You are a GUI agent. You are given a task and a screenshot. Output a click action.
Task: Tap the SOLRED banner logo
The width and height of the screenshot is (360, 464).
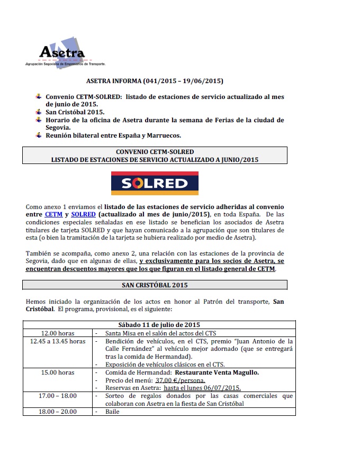point(154,183)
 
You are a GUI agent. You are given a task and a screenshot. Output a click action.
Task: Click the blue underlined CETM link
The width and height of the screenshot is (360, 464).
point(54,214)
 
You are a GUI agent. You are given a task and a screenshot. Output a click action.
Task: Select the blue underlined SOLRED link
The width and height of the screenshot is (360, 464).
point(83,214)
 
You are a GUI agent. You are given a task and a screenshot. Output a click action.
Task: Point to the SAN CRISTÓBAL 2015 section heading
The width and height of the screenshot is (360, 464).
point(155,285)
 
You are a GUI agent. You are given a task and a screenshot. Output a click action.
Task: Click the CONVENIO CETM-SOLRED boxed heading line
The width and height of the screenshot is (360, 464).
point(155,152)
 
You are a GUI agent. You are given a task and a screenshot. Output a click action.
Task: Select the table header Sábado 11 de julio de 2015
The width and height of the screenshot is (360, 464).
point(159,324)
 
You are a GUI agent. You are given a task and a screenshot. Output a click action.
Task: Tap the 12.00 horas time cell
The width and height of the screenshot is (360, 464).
point(58,333)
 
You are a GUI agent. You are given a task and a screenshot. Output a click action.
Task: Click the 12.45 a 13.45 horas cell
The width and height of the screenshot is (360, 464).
point(58,341)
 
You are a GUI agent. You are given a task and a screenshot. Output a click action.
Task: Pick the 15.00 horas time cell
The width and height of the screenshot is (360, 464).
point(58,372)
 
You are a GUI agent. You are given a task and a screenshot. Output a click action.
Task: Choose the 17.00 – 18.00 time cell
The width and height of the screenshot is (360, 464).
point(58,396)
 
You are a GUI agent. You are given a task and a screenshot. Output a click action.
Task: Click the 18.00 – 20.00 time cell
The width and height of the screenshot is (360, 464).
point(58,411)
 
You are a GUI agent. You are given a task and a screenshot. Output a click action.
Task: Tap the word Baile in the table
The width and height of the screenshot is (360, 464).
point(112,411)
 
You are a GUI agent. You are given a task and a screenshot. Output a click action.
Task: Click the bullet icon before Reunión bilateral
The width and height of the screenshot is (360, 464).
point(38,136)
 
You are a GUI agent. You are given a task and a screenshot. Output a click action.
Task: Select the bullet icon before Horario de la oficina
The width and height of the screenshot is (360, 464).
point(38,120)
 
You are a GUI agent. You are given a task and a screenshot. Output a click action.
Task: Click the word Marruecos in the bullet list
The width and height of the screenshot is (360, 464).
point(163,136)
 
